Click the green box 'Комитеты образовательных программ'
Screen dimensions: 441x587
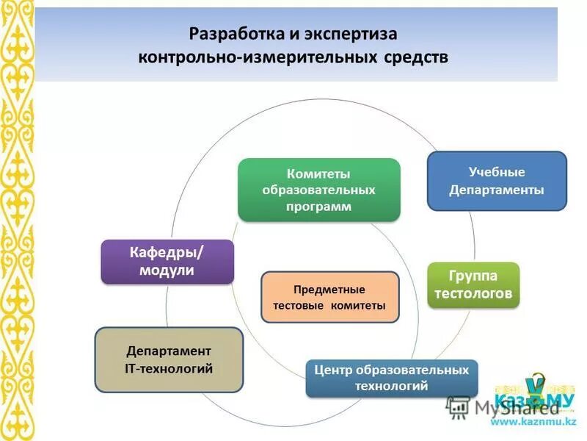[x=319, y=190]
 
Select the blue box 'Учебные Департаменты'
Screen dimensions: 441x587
[x=497, y=181]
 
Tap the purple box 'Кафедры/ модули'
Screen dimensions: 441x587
[x=167, y=262]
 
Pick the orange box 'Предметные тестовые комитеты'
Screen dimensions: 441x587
[x=329, y=297]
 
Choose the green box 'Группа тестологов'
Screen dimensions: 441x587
[x=473, y=285]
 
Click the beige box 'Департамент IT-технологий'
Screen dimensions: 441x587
[x=169, y=359]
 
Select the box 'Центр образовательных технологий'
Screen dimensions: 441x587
[x=391, y=378]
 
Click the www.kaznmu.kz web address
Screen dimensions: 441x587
[x=533, y=421]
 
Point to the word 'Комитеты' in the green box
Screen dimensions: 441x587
[x=318, y=174]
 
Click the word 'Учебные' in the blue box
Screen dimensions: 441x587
[x=497, y=172]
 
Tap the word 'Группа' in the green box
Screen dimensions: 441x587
[x=473, y=276]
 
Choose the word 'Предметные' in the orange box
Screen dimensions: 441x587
[x=329, y=289]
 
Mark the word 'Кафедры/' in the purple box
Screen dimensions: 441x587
[x=167, y=253]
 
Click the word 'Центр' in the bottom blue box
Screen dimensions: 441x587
[x=331, y=370]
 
